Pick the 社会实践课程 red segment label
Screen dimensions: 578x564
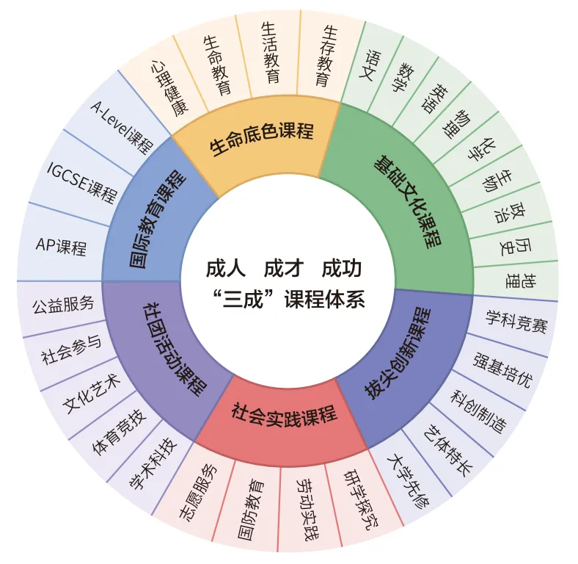pyautogui.click(x=284, y=416)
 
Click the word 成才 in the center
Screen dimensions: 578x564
pyautogui.click(x=284, y=269)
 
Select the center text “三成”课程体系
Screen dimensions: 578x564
pyautogui.click(x=286, y=300)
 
